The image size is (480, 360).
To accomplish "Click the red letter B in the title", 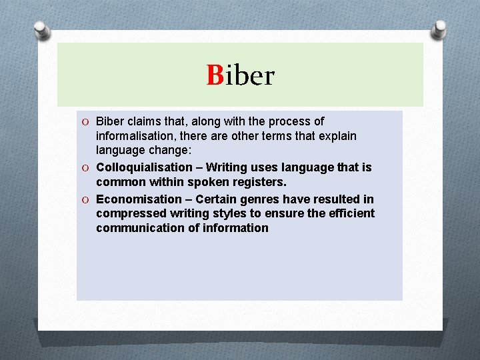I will click(215, 75).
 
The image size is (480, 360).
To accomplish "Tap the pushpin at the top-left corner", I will click(42, 30).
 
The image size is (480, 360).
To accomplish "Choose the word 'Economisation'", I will click(139, 199).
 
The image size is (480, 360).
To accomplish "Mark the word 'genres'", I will click(259, 199).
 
